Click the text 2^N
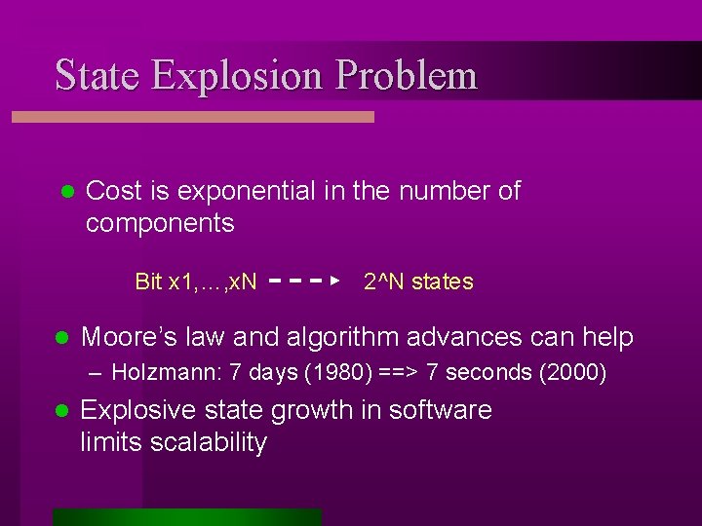click(384, 282)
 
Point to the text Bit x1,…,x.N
click(196, 282)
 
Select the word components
click(160, 223)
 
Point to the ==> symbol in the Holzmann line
click(371, 372)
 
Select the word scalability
click(204, 442)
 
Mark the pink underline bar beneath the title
click(193, 116)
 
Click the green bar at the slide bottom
click(186, 517)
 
